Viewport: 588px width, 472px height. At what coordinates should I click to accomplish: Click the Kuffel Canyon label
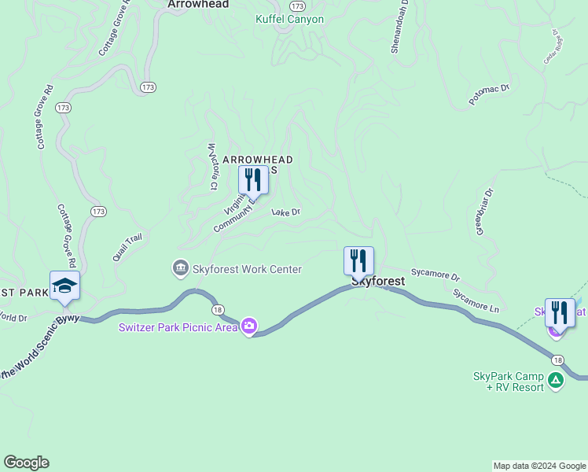click(x=289, y=19)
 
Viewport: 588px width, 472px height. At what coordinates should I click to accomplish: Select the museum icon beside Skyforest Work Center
click(x=181, y=269)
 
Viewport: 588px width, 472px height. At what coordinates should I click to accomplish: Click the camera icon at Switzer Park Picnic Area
click(x=249, y=326)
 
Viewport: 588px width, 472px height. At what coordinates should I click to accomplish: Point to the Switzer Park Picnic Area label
click(x=178, y=327)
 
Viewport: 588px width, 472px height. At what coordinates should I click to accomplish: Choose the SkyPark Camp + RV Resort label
click(x=508, y=382)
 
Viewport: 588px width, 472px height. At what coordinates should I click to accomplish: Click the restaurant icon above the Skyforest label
click(x=358, y=260)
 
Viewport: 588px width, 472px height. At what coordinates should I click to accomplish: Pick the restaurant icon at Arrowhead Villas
click(x=253, y=179)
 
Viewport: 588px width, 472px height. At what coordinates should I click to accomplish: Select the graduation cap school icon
click(x=64, y=286)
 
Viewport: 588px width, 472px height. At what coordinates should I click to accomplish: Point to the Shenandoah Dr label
click(x=400, y=26)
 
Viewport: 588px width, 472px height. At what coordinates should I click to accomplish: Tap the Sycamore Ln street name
click(x=476, y=301)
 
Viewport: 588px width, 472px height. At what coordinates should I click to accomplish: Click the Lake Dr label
click(x=286, y=212)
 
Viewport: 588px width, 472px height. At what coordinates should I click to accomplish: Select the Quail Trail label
click(x=127, y=246)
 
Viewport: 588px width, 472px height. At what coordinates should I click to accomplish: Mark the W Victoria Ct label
click(x=211, y=166)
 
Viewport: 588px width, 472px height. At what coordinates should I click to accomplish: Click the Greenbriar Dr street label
click(x=483, y=210)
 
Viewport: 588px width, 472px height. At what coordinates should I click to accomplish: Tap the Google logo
click(x=26, y=463)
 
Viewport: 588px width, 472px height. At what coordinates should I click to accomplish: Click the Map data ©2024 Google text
click(x=538, y=466)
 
